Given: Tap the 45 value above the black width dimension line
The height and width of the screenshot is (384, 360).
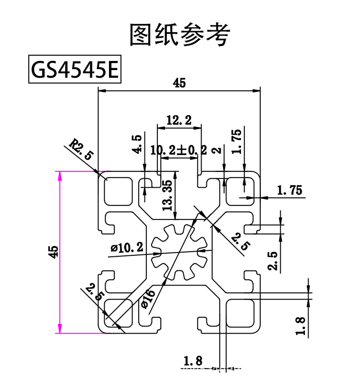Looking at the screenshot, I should tap(179, 84).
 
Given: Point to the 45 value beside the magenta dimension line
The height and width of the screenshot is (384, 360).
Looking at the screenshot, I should tap(53, 252).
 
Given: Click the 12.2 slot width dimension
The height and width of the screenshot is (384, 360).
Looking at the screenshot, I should tap(178, 120).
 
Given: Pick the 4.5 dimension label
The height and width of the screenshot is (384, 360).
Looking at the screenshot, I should tap(137, 144).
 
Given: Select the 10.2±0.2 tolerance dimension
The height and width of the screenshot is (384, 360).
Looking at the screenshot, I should tap(178, 150).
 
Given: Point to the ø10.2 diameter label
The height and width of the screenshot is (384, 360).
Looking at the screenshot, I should tap(127, 248).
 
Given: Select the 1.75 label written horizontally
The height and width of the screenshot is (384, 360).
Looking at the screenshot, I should tap(289, 191).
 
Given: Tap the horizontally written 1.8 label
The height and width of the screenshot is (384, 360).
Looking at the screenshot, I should tap(194, 359).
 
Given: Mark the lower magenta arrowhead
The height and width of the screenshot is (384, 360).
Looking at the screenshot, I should tap(60, 329).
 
